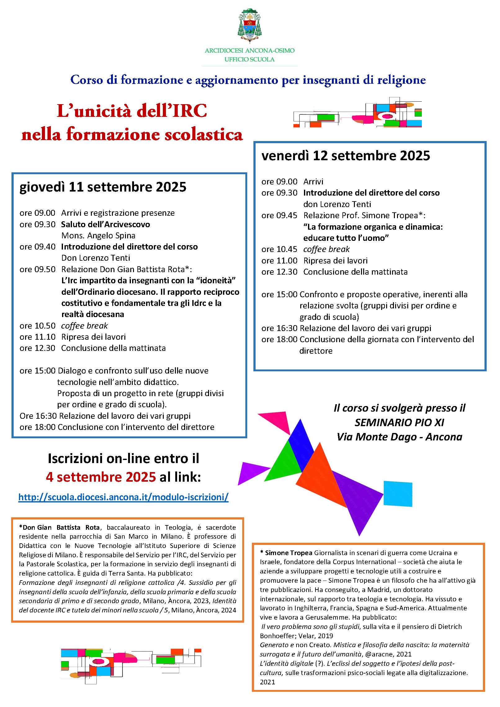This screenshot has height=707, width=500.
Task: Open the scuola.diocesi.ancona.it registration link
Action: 123,497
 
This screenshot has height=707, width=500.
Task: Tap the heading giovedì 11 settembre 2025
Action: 103,187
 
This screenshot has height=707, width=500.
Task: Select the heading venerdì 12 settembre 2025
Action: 346,156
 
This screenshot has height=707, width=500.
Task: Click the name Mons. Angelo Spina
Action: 98,236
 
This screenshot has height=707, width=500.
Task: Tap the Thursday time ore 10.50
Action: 37,326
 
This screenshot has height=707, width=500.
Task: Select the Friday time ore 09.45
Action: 279,215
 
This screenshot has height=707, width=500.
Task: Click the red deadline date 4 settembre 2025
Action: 100,477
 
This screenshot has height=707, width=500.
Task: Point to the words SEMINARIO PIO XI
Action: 399,422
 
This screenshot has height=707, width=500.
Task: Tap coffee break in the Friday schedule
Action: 326,249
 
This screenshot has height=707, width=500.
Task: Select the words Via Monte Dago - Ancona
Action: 399,437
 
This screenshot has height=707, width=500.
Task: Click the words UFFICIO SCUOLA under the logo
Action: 249,59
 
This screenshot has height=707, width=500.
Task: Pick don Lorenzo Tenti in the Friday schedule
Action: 337,204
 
